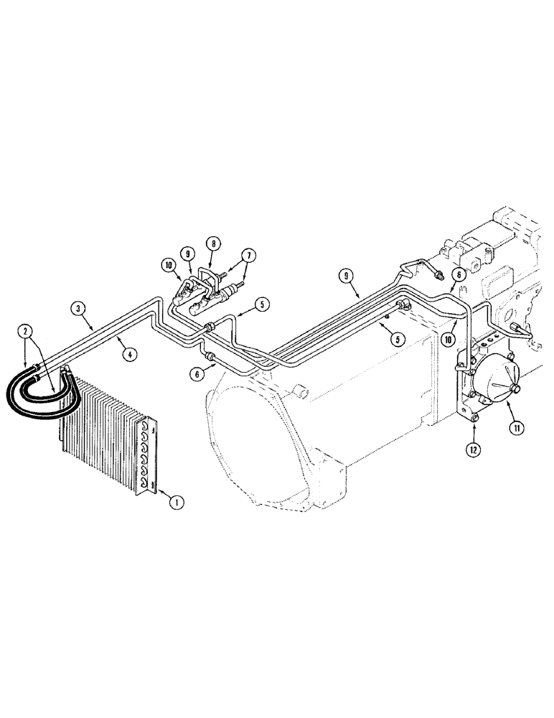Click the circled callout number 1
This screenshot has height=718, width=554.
click(174, 503)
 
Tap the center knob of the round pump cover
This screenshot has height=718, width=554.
click(516, 388)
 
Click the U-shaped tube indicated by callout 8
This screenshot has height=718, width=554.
click(207, 276)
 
